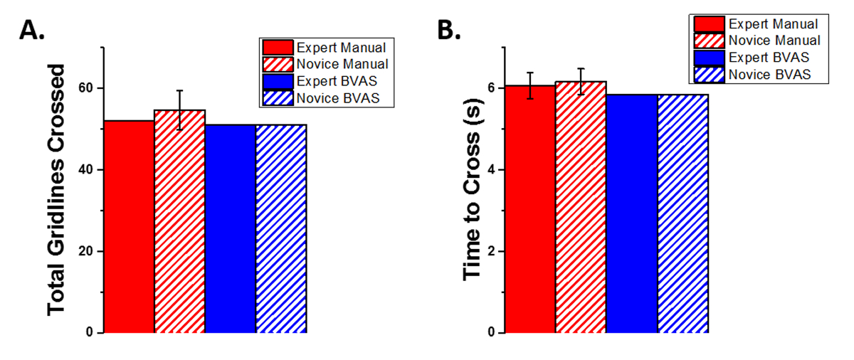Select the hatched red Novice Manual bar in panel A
point(180,221)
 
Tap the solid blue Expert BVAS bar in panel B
point(632,213)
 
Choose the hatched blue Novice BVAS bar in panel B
point(682,213)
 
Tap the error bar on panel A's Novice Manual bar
point(180,110)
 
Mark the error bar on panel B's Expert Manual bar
point(530,85)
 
